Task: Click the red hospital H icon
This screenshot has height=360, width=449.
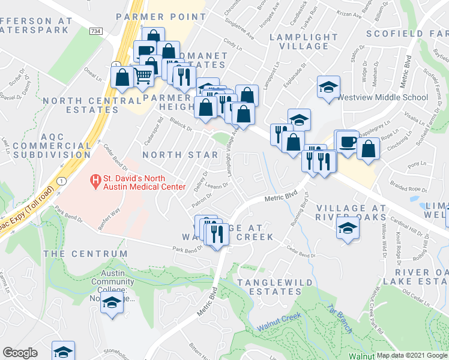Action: [94, 179]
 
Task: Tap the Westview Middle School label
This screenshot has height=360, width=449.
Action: [382, 97]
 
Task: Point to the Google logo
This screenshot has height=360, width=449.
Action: [20, 353]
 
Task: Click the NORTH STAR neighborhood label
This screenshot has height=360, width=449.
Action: [180, 155]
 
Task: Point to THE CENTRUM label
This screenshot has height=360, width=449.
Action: [86, 254]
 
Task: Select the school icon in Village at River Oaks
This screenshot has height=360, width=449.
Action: [347, 229]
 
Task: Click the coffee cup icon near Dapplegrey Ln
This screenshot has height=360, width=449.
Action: [347, 142]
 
